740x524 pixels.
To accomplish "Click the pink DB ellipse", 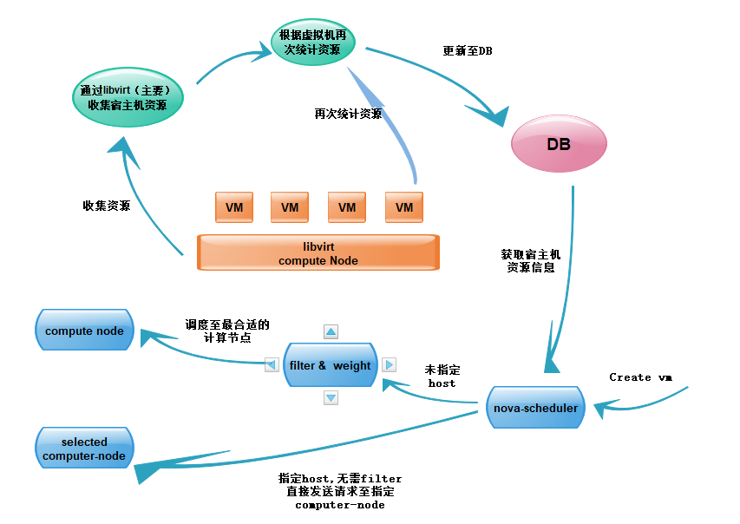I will tap(558, 144).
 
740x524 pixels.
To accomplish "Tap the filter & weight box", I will tap(330, 365).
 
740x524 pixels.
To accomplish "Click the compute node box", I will tap(84, 331).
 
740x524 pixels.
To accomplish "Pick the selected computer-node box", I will tap(84, 449).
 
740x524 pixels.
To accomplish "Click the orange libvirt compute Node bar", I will tap(318, 252).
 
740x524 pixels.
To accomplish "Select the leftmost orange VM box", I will tap(234, 207).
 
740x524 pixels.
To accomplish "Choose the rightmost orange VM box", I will tap(404, 207).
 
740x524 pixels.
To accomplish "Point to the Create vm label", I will tap(641, 377).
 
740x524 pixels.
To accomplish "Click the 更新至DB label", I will tap(468, 50).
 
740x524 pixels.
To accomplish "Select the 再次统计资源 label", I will tap(348, 114).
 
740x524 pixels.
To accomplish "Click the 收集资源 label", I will tap(107, 206).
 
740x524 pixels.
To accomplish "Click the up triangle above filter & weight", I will tap(331, 331).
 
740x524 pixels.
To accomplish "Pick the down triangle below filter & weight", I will tap(331, 397).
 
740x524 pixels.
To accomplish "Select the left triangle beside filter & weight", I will tap(272, 365).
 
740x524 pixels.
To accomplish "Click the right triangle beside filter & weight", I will tap(389, 365).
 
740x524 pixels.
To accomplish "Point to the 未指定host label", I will tap(442, 376).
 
